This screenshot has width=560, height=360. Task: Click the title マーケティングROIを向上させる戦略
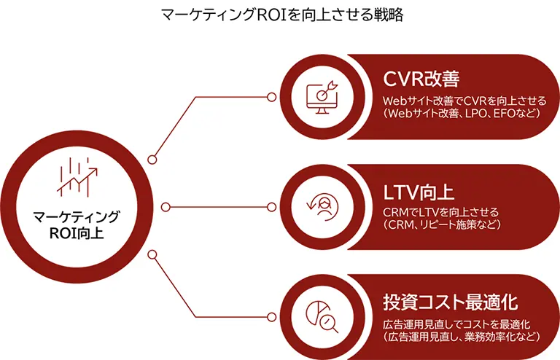click(x=280, y=14)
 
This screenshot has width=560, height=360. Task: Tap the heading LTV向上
click(x=419, y=193)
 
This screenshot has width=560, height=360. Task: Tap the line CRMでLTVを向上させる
click(x=441, y=212)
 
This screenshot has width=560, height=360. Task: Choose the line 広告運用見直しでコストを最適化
click(x=456, y=323)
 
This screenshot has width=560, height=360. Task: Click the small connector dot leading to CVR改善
click(x=152, y=159)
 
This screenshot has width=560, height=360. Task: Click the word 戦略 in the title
click(x=387, y=14)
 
